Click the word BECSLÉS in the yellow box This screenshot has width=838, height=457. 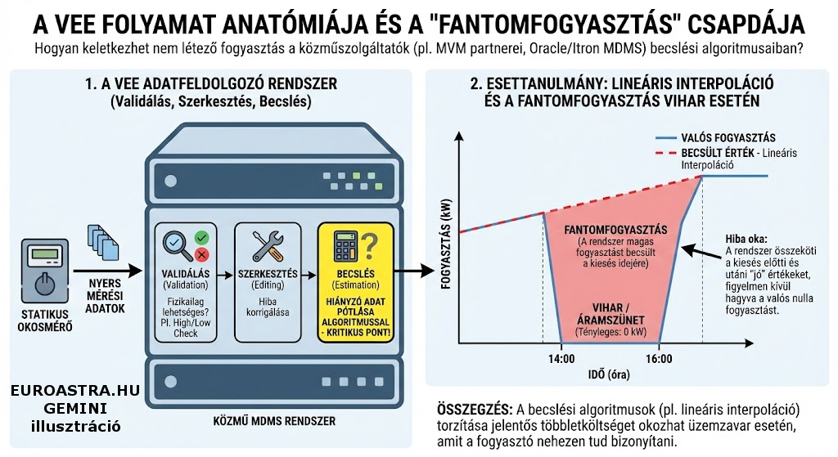pos(355,272)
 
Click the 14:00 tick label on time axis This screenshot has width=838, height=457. pos(560,358)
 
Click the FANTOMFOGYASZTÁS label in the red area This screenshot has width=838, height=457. pos(616,229)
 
